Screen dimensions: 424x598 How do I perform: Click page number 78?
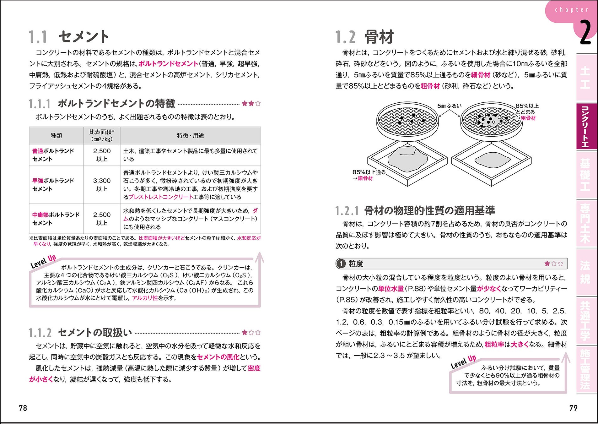(23, 408)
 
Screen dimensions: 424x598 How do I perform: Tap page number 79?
(573, 408)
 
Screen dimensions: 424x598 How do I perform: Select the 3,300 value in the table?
(102, 181)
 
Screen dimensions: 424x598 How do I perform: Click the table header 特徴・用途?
(190, 136)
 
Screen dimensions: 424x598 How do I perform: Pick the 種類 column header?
(57, 136)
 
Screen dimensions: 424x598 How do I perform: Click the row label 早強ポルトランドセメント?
(53, 185)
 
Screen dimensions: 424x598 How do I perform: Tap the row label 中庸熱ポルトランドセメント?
(56, 219)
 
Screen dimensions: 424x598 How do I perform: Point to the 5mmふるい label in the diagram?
(450, 106)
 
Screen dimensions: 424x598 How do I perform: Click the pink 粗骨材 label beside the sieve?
(528, 118)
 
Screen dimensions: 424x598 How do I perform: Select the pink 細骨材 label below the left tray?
(365, 178)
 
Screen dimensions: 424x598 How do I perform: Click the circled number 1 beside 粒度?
(341, 264)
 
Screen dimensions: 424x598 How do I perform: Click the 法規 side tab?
(585, 272)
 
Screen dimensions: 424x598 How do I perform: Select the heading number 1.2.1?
(347, 211)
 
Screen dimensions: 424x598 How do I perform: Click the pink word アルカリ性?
(145, 298)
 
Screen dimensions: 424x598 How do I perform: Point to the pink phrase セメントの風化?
(218, 357)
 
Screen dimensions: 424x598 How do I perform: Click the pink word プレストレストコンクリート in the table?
(161, 197)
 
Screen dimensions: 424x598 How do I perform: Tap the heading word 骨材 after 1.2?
(379, 37)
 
